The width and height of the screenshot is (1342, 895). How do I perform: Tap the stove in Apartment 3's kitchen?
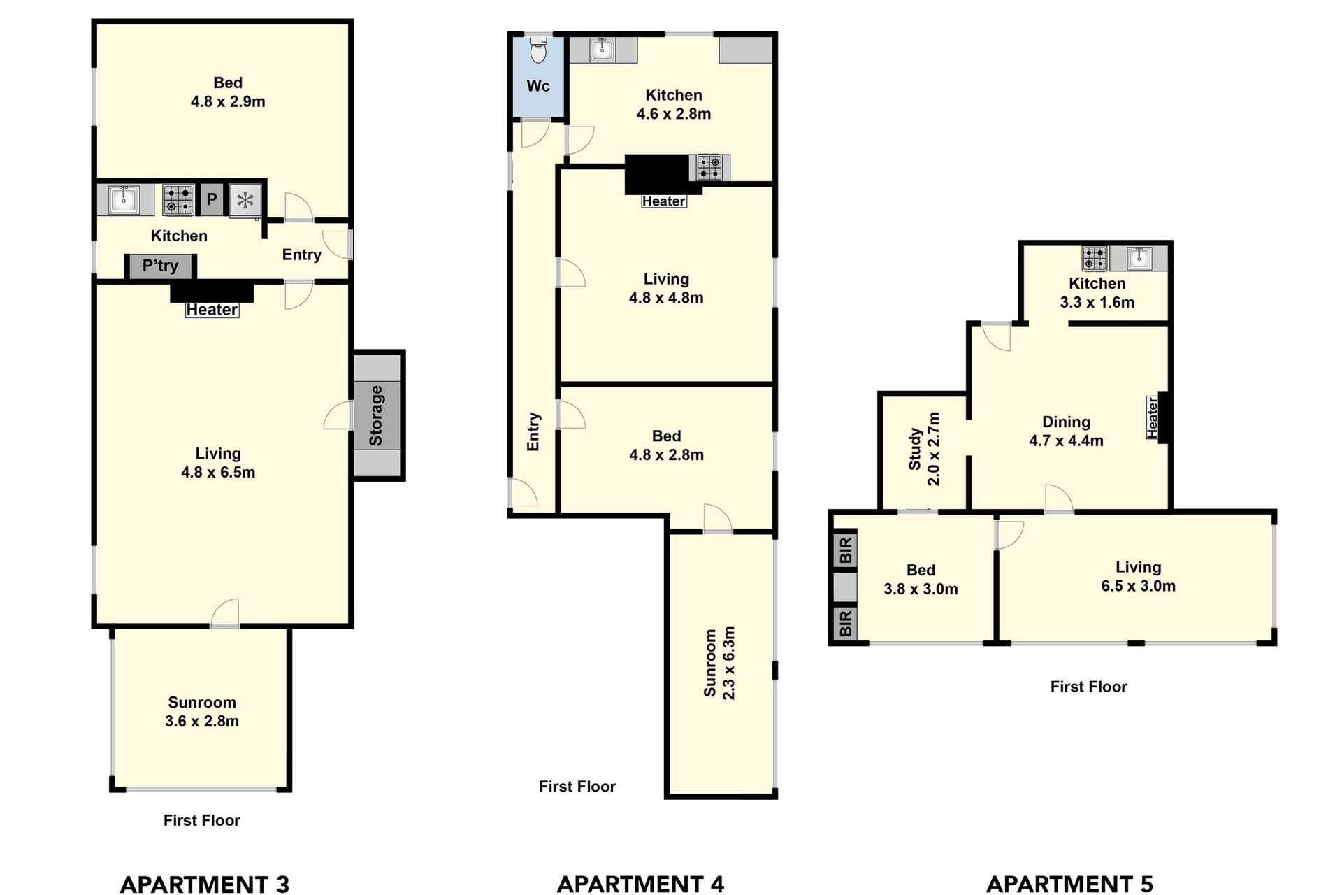tap(178, 199)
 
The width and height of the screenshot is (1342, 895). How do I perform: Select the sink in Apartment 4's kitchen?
tap(603, 49)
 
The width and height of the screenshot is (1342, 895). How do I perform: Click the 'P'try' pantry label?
tap(160, 266)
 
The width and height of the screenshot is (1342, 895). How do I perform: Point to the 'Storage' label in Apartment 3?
tap(376, 415)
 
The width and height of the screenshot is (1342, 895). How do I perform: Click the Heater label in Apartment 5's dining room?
tap(1153, 417)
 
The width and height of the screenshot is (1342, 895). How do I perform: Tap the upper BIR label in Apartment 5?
tap(846, 550)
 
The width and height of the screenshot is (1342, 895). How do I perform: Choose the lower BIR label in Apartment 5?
tap(846, 624)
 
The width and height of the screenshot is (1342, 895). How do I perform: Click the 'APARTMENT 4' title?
tap(640, 885)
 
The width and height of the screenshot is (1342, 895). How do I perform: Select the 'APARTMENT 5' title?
tap(1069, 885)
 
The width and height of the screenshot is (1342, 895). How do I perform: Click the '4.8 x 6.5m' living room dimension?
tap(218, 472)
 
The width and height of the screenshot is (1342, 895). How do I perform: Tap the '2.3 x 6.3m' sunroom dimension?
tap(729, 663)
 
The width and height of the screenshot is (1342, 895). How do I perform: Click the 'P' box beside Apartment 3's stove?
tap(212, 200)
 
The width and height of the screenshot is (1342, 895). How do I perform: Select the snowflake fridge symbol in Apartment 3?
tap(245, 201)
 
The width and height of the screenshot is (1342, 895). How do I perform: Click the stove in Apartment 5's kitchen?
tap(1095, 259)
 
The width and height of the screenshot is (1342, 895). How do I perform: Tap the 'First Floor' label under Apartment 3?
tap(202, 820)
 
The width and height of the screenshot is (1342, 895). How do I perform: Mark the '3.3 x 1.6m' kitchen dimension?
tap(1097, 302)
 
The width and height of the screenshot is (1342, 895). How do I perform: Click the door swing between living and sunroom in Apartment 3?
tap(224, 613)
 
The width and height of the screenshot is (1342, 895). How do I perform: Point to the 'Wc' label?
tap(538, 86)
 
